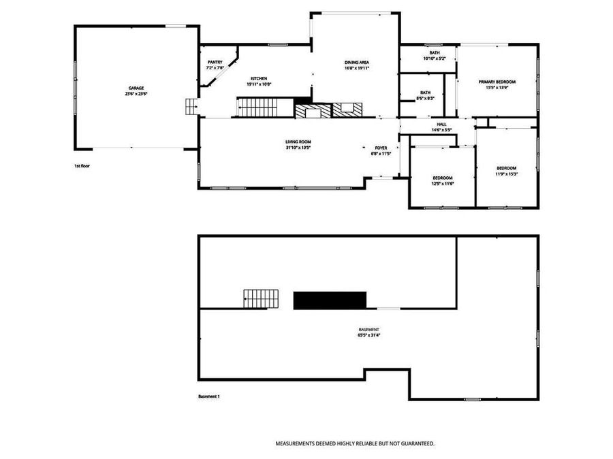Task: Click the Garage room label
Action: point(136,88)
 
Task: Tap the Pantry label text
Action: point(215,63)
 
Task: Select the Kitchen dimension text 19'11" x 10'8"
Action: point(259,84)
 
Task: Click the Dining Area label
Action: point(356,63)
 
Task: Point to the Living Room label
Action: point(298,141)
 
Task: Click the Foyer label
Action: point(381,148)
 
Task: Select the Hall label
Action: point(441,124)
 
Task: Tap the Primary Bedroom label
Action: point(497,82)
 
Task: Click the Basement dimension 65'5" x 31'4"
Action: point(368,335)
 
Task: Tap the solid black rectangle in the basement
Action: point(330,300)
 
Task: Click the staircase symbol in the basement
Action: point(262,299)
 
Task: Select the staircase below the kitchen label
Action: point(257,107)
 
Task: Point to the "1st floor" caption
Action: point(82,166)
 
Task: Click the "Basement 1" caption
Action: point(209,396)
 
